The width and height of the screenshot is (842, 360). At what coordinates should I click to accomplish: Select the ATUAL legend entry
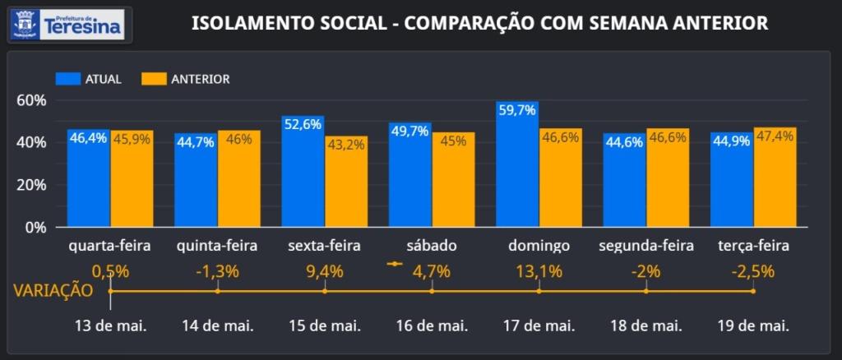tap(90, 79)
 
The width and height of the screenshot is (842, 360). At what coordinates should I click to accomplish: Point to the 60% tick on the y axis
tap(31, 100)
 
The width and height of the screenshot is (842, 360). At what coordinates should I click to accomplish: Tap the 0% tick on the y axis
tap(35, 228)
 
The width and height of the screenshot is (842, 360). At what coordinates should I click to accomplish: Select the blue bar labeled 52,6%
tap(303, 172)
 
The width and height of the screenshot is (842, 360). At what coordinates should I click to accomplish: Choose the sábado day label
tap(432, 246)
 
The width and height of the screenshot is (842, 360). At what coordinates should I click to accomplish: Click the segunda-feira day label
tap(646, 246)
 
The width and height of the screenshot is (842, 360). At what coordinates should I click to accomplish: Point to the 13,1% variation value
tap(539, 271)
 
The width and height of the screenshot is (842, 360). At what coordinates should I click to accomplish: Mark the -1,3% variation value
tap(217, 271)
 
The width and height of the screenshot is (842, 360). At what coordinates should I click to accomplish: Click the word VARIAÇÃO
tap(53, 290)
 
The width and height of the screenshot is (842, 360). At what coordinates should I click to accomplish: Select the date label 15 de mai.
tap(325, 325)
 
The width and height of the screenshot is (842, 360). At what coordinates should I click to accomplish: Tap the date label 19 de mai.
tap(753, 325)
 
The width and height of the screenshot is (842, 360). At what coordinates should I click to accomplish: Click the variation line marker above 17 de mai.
tap(539, 291)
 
